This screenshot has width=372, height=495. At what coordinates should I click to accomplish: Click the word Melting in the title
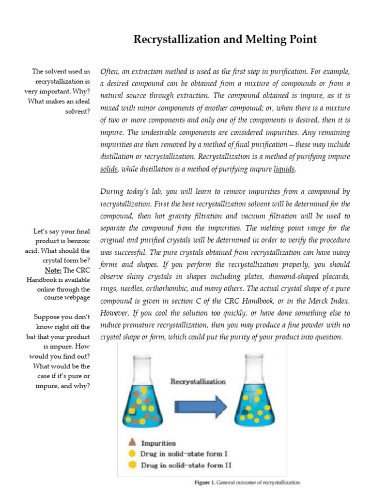262,40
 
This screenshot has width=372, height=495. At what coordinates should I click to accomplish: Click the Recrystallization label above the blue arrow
198,381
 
